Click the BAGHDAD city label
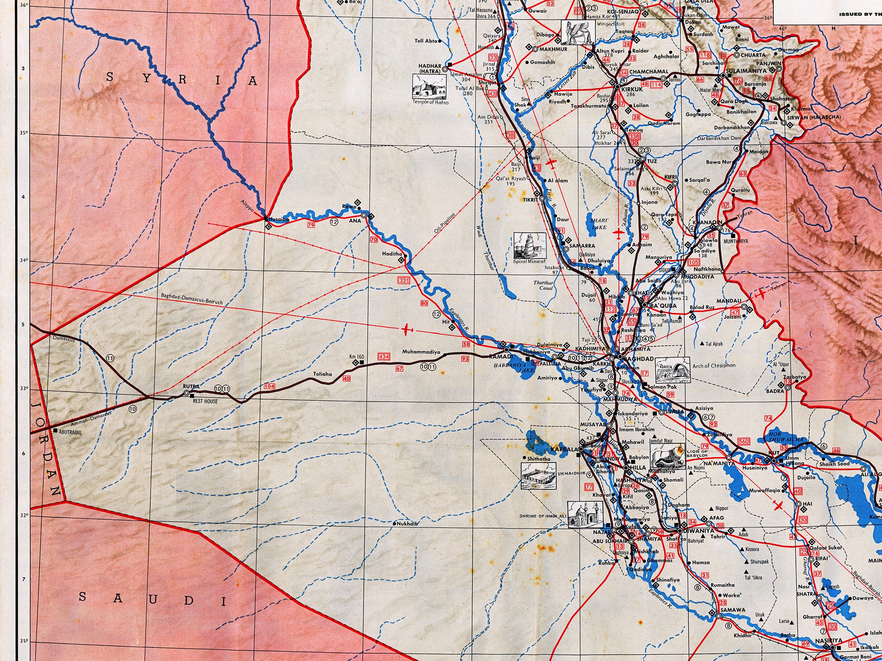(x=638, y=359)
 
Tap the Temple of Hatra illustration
(x=429, y=86)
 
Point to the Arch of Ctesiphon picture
(x=672, y=369)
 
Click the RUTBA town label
(x=191, y=386)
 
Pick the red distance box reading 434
(x=383, y=357)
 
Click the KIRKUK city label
(x=632, y=89)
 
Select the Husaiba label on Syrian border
(x=279, y=219)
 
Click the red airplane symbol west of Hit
(x=406, y=330)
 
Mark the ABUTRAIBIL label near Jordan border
(x=70, y=432)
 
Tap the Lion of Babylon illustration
(x=667, y=456)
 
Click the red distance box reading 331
(x=404, y=280)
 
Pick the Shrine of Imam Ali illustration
(x=585, y=515)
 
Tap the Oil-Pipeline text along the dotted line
(x=445, y=222)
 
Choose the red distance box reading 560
(x=744, y=441)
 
